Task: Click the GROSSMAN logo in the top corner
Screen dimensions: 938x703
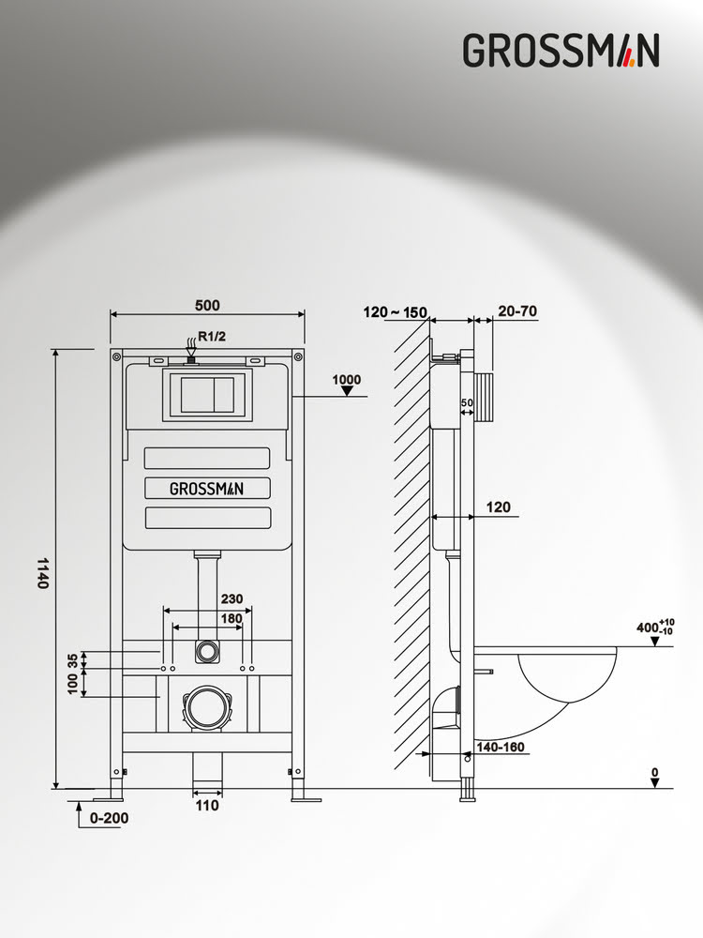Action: click(x=561, y=50)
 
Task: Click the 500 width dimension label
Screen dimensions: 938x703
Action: click(x=207, y=305)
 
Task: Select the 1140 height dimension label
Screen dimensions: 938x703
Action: click(x=42, y=571)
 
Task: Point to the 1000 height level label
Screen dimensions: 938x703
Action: click(x=346, y=379)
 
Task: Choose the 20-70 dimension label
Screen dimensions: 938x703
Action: click(x=517, y=311)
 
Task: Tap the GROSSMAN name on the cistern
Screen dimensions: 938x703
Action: click(x=206, y=488)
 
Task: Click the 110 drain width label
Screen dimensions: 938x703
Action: click(x=207, y=805)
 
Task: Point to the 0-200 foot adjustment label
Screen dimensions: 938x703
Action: click(x=110, y=817)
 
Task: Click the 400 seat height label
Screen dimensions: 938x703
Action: click(x=649, y=628)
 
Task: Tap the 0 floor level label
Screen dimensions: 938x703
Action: click(x=655, y=773)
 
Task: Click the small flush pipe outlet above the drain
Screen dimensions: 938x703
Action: click(x=206, y=650)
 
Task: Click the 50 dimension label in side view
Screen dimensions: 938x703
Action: click(x=467, y=403)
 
